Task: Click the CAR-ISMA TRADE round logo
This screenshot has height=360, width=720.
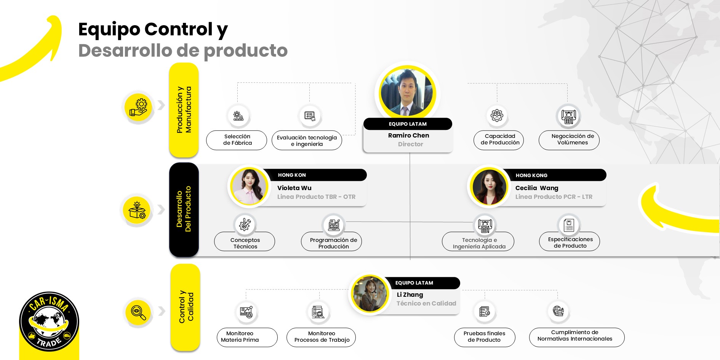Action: pos(49,322)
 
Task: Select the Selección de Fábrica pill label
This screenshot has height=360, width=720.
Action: pos(237,140)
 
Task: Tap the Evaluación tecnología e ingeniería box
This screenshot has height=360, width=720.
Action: pos(307,141)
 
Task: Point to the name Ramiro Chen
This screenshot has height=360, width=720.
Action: pos(408,136)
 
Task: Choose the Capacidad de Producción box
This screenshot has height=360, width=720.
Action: pos(499,140)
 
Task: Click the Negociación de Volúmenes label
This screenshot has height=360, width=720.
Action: pos(569,140)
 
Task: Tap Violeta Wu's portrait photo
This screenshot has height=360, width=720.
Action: pos(249,186)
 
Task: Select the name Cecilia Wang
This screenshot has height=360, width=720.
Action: pos(536,188)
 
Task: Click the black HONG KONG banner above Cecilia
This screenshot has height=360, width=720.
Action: pos(554,175)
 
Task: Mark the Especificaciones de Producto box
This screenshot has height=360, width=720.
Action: pos(570,242)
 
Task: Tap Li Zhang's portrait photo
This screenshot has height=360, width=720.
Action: pos(369,294)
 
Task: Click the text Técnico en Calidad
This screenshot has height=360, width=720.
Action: pos(426,303)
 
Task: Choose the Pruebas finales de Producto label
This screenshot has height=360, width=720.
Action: pos(484,337)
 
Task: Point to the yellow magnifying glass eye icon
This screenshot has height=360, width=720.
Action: pos(138,313)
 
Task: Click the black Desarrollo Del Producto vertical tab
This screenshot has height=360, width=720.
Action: pos(184,210)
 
